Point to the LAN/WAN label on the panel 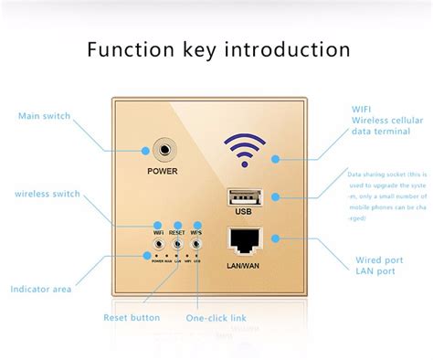243,266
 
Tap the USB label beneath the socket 243,212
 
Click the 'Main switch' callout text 44,116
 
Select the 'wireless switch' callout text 48,194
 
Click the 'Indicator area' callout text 42,290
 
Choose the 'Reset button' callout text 132,318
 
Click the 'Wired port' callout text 380,259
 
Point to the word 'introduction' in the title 288,48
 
